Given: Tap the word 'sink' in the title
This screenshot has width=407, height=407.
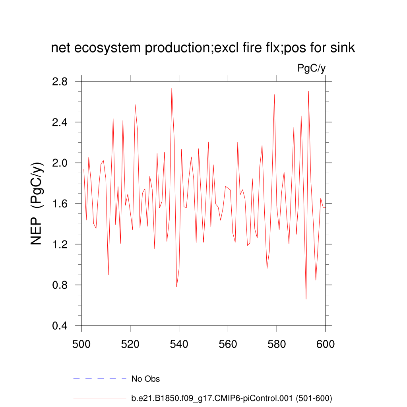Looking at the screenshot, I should point(343,48).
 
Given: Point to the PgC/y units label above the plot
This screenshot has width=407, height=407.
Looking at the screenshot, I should point(312,68).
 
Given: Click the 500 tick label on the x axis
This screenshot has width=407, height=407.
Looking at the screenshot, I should point(81,343).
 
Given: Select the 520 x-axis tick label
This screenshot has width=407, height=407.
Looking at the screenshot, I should point(130,343).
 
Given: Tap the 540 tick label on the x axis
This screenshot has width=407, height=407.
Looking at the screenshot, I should point(179,343).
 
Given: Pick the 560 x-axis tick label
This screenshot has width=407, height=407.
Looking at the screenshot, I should point(228,343).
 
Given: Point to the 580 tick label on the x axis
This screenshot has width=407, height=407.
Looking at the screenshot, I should point(277,343).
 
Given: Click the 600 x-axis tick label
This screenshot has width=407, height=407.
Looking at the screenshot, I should point(326,343).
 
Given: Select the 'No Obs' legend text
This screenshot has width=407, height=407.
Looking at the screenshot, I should point(145,379).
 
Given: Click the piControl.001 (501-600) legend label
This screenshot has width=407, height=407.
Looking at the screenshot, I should point(232,398).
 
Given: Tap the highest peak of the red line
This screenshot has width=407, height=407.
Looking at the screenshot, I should point(172,88).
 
